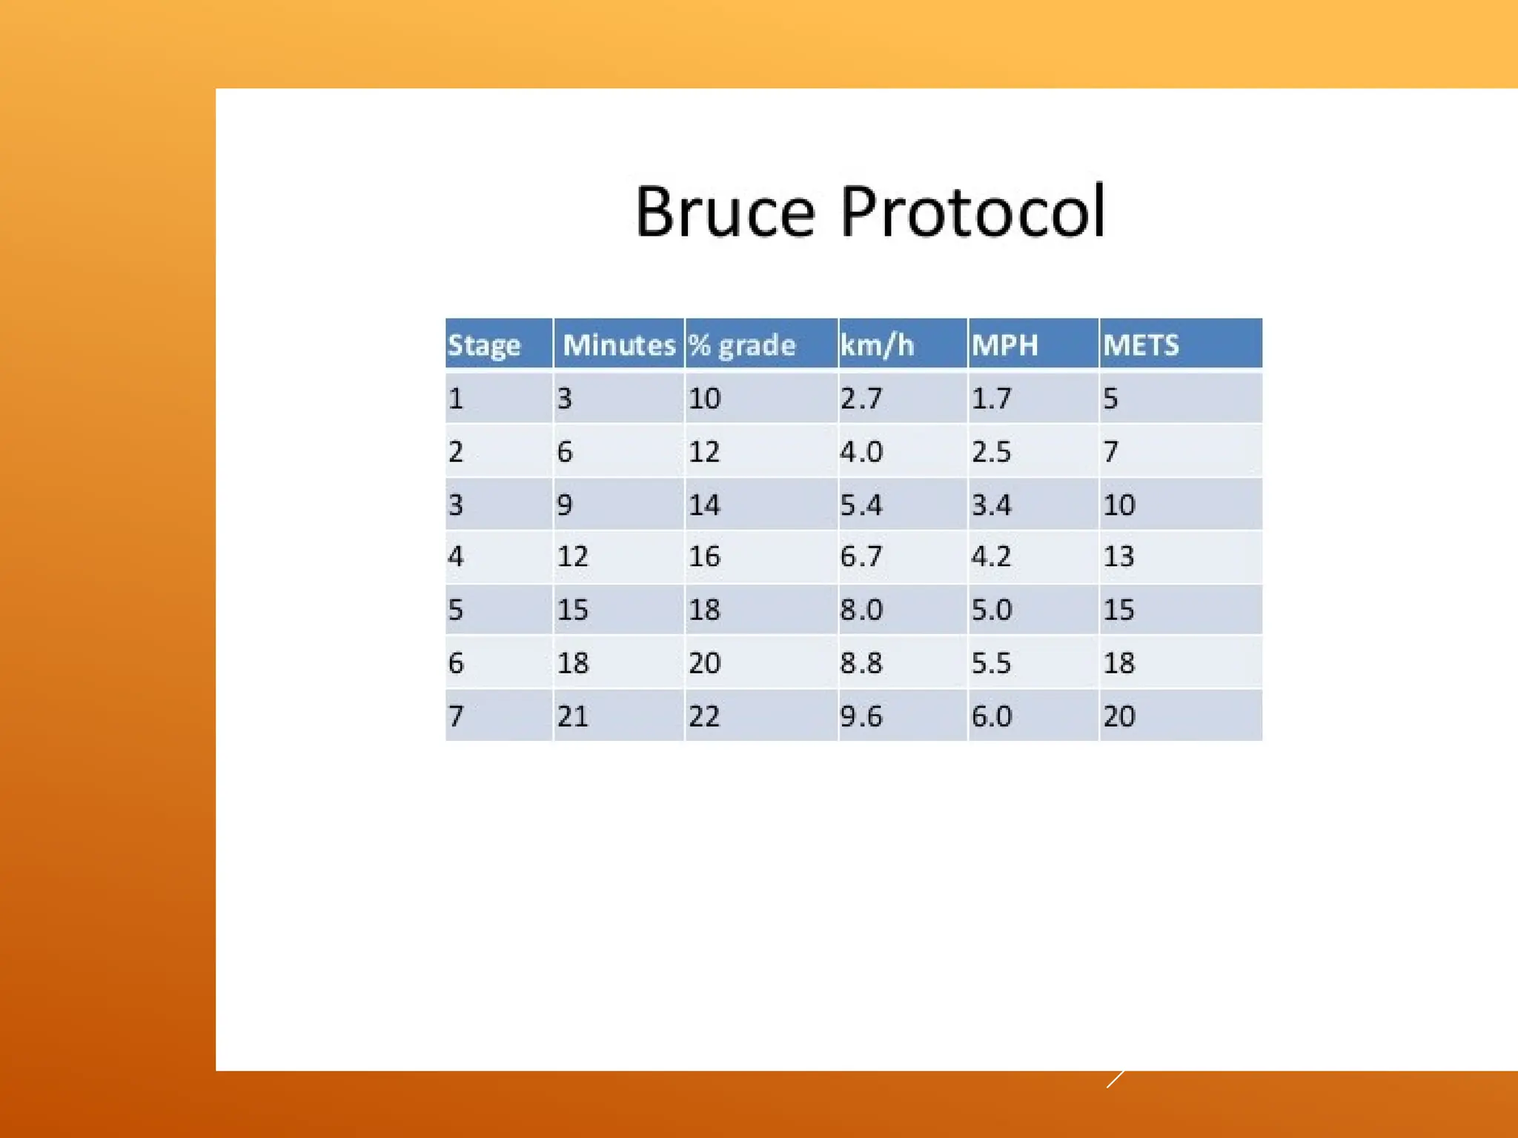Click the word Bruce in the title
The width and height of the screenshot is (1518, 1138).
click(725, 213)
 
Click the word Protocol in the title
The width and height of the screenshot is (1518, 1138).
click(972, 213)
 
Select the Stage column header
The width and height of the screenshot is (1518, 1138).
click(484, 345)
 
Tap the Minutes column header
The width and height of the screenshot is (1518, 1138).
click(619, 345)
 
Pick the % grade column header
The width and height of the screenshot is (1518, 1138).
click(742, 345)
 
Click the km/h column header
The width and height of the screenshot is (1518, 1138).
click(877, 345)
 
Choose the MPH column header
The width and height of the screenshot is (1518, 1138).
click(1004, 345)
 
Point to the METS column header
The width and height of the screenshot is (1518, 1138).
click(1141, 345)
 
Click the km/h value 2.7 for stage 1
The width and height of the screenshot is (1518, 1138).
click(861, 399)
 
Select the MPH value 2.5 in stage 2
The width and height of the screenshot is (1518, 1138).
click(991, 452)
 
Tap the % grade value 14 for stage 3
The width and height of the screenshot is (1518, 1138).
click(704, 505)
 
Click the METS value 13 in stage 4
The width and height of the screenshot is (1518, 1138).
click(1118, 556)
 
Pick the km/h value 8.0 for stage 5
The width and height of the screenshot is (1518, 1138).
click(861, 610)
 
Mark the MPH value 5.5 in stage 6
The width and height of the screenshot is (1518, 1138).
click(991, 663)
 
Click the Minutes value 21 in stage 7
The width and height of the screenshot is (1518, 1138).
click(572, 716)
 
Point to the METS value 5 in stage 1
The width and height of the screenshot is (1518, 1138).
click(1110, 399)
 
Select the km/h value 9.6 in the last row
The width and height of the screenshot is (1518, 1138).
click(861, 716)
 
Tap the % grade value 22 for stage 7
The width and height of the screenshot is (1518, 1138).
click(704, 716)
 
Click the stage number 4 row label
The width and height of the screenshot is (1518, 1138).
click(456, 556)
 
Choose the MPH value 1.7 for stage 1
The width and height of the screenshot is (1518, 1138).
click(991, 399)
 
